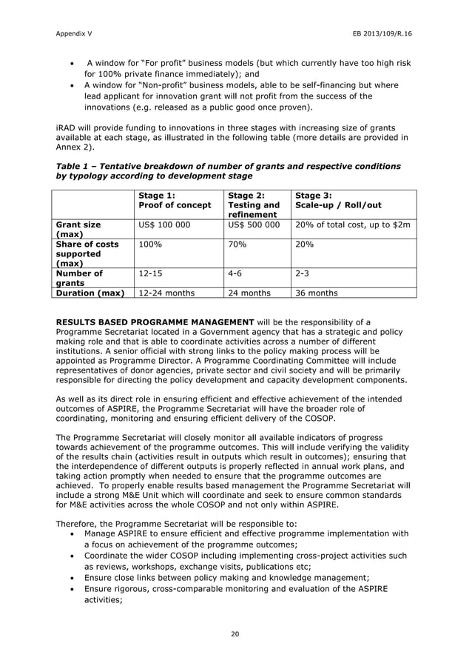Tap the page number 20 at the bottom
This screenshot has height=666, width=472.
click(235, 633)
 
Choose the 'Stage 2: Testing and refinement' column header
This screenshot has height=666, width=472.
click(253, 204)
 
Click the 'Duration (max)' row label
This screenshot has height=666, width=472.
click(92, 293)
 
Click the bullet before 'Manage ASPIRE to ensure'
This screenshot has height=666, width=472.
click(70, 533)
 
